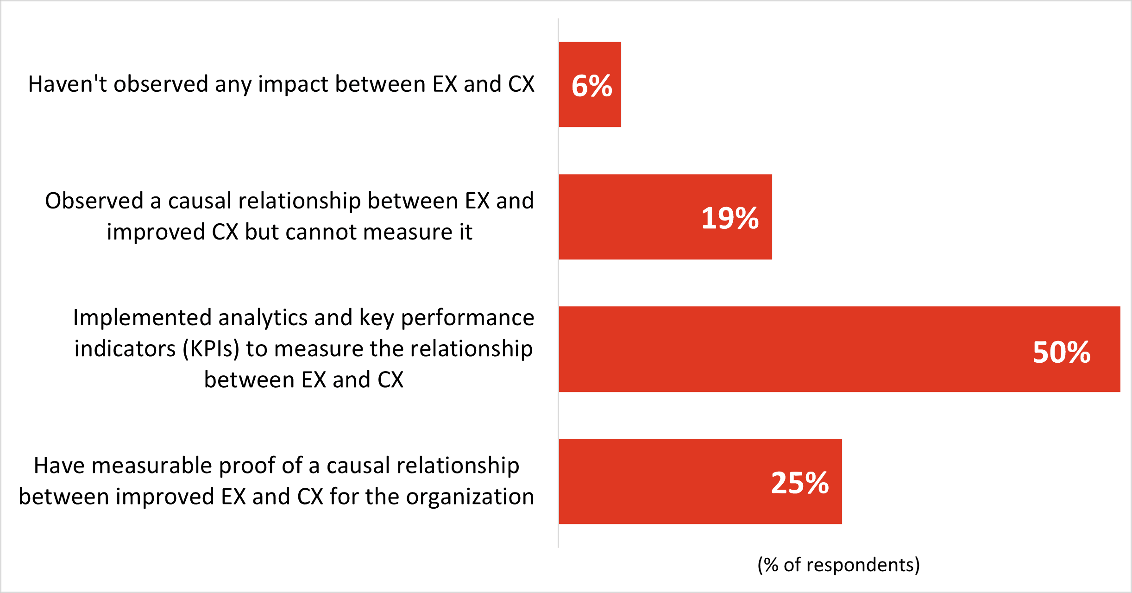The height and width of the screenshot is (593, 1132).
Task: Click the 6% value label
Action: tap(591, 86)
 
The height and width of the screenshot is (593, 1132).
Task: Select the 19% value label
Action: tap(730, 218)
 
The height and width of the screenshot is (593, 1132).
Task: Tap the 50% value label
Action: tap(1061, 352)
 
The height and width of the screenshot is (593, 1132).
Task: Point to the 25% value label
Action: tap(799, 483)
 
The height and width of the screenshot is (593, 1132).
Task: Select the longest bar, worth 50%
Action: tap(787, 349)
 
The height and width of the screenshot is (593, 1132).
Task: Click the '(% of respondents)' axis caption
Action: tap(838, 565)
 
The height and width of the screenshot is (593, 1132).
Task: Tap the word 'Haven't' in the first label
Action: tap(68, 84)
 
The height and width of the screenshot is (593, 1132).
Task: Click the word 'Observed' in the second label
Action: tap(94, 201)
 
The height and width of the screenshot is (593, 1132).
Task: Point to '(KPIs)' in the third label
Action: tap(211, 349)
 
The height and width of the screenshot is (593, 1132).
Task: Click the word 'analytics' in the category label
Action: tap(263, 318)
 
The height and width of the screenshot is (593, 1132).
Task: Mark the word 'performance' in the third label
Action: tap(467, 318)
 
